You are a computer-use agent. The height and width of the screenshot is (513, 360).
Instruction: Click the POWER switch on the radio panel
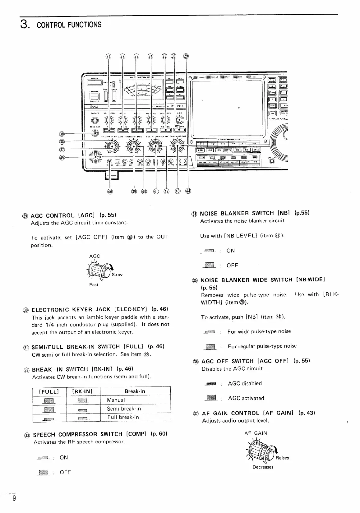pyautogui.click(x=94, y=82)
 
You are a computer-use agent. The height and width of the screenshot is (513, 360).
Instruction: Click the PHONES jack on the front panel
pyautogui.click(x=94, y=120)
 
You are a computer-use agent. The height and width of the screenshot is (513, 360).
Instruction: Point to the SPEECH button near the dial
pyautogui.click(x=272, y=161)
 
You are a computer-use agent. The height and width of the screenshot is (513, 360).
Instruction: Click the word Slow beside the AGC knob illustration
pyautogui.click(x=117, y=275)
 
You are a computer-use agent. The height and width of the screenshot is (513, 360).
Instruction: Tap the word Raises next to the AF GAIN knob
pyautogui.click(x=282, y=458)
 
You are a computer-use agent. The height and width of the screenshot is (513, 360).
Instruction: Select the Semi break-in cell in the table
pyautogui.click(x=124, y=409)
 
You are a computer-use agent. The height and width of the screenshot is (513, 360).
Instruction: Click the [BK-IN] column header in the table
pyautogui.click(x=82, y=391)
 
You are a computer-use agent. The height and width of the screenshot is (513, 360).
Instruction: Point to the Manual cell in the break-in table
pyautogui.click(x=116, y=400)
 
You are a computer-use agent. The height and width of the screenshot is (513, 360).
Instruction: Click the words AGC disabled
pyautogui.click(x=245, y=383)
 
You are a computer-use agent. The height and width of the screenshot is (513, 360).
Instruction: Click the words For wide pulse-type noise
pyautogui.click(x=259, y=331)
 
